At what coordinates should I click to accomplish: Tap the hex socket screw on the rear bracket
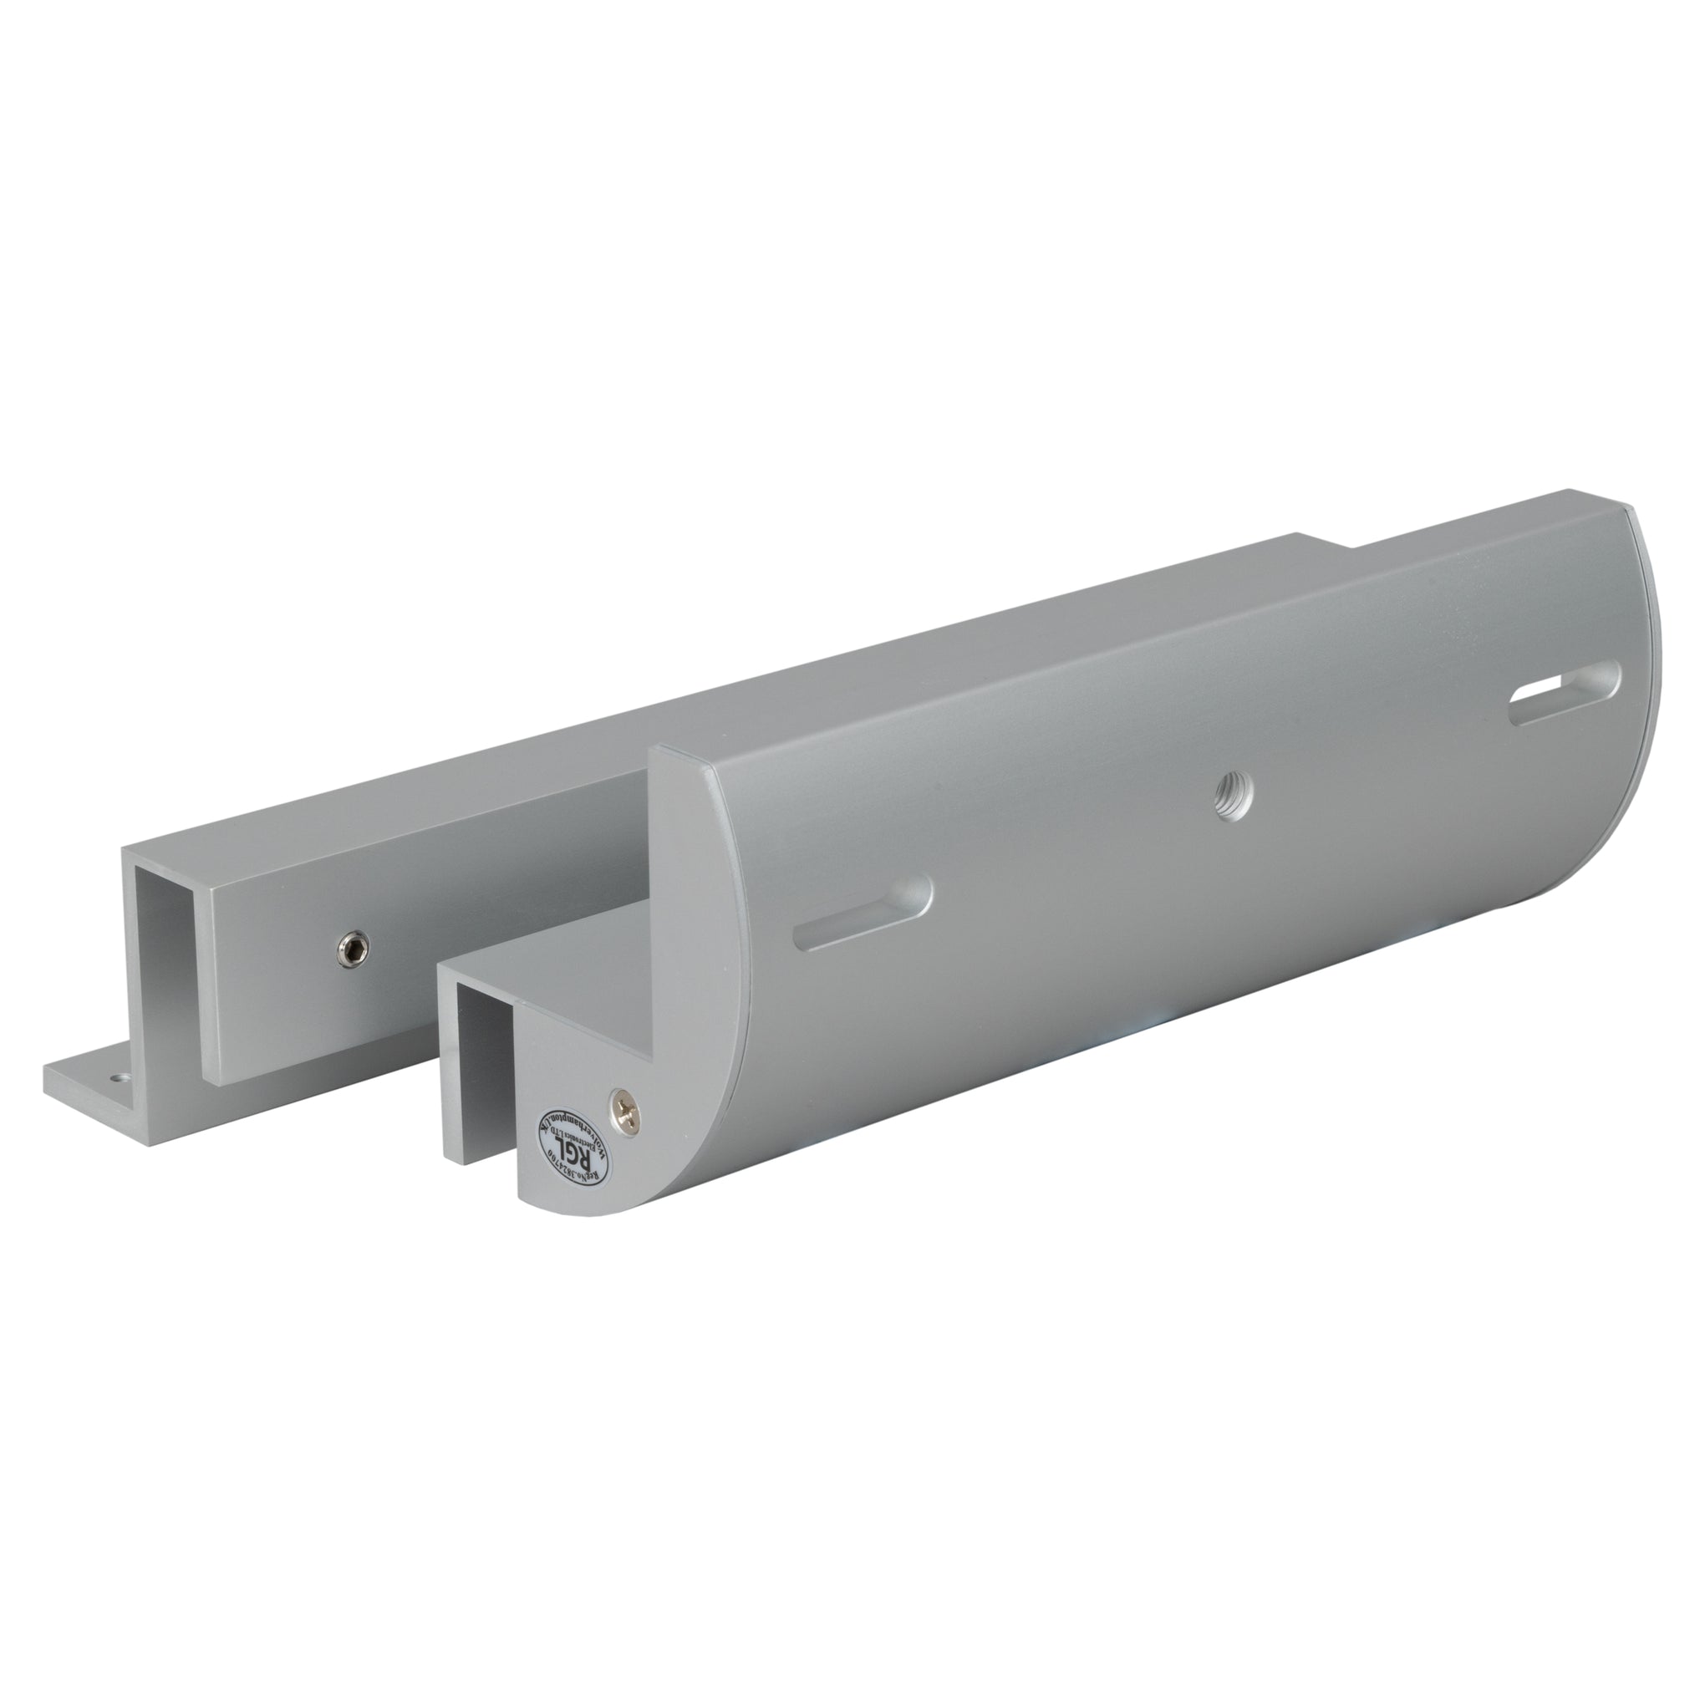(352, 949)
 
